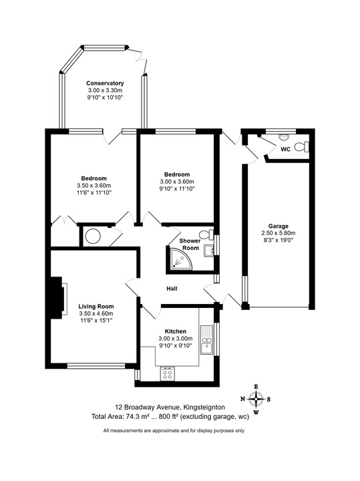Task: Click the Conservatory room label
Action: pyautogui.click(x=105, y=83)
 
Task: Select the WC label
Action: pyautogui.click(x=285, y=149)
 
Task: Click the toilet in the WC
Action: pyautogui.click(x=304, y=148)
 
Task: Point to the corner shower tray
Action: pyautogui.click(x=177, y=260)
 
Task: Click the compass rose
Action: pyautogui.click(x=256, y=399)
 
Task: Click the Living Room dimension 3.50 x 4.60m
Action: pyautogui.click(x=96, y=313)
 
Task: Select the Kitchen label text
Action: pyautogui.click(x=175, y=331)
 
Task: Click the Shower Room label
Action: pyautogui.click(x=190, y=245)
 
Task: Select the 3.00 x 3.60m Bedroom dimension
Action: pyautogui.click(x=176, y=182)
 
